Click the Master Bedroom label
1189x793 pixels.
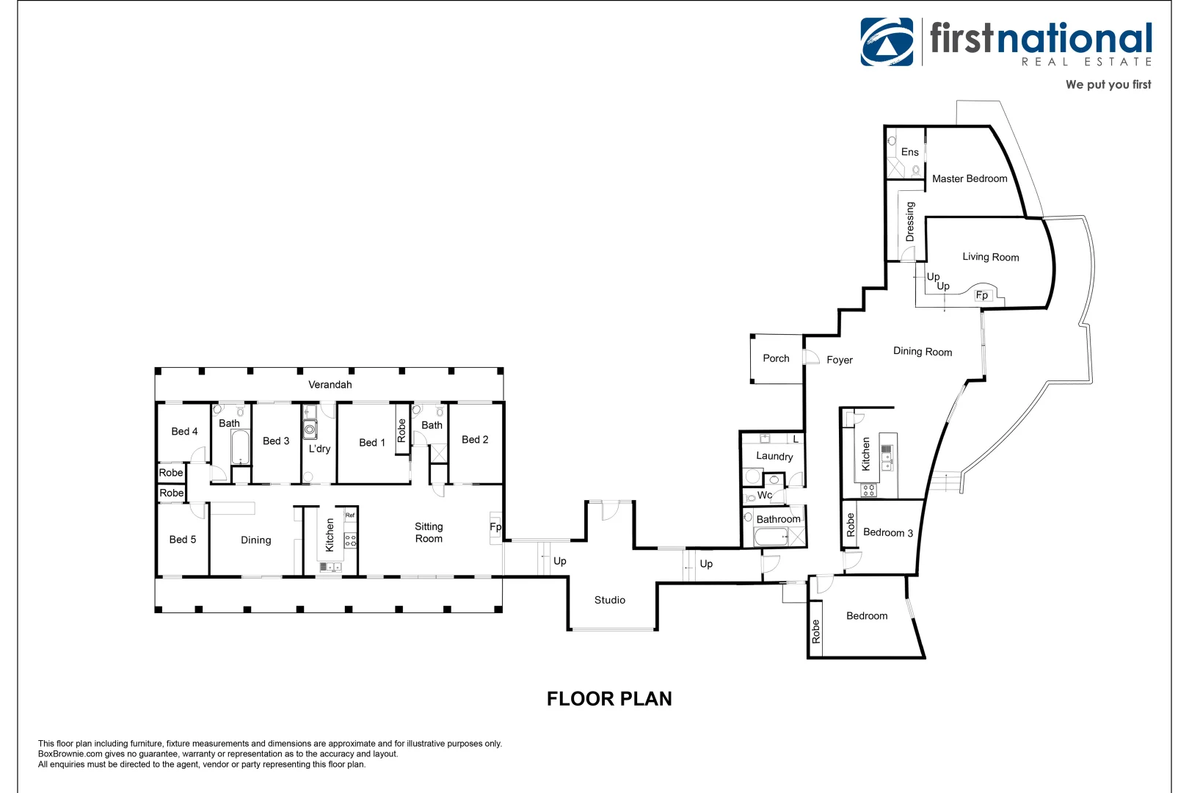pos(969,178)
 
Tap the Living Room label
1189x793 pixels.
pos(990,257)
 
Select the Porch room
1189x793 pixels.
pos(776,358)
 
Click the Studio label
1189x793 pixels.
pos(609,600)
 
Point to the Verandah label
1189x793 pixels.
pos(330,385)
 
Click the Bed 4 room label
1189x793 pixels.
pos(184,432)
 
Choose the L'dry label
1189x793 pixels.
pos(319,449)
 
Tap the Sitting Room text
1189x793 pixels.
pos(429,532)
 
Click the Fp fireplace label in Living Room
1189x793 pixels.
pos(982,295)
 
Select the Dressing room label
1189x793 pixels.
pos(910,222)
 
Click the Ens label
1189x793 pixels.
pos(909,152)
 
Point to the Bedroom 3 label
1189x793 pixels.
pos(887,532)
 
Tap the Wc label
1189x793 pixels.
pos(765,495)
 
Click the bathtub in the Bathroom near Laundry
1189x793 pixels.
pos(771,537)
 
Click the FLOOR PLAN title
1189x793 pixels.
pos(609,698)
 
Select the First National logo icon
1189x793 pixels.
pos(887,42)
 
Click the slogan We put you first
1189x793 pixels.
pos(1108,84)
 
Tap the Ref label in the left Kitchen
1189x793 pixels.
pos(350,515)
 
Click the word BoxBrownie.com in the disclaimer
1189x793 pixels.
pos(70,754)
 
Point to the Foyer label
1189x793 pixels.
pos(839,360)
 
